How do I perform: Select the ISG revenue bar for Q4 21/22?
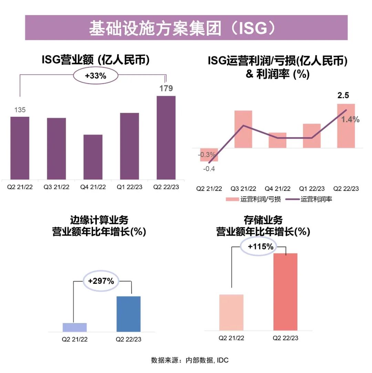[93, 157]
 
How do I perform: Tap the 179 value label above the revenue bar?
[166, 89]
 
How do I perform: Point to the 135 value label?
[20, 110]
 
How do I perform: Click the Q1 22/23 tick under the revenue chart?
[130, 187]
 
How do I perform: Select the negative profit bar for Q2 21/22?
[209, 155]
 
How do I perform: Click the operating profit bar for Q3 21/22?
[243, 129]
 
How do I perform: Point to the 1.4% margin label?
[350, 120]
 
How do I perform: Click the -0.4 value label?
[209, 169]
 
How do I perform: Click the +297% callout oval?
[101, 281]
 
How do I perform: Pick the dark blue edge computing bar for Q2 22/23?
[128, 314]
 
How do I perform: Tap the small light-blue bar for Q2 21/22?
[75, 327]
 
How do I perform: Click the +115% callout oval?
[261, 247]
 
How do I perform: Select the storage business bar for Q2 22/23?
[285, 292]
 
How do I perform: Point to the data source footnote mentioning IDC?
[190, 360]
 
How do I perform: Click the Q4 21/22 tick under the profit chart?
[277, 189]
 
